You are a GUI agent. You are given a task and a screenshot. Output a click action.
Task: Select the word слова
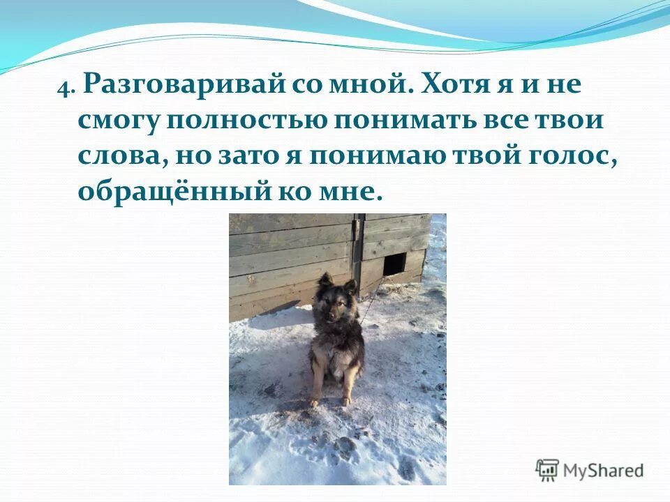click(x=118, y=156)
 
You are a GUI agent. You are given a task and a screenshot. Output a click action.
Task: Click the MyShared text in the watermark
click(x=604, y=470)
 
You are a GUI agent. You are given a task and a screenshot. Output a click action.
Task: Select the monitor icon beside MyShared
click(x=547, y=469)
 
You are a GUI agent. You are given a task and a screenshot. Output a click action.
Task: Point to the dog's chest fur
click(x=336, y=342)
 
